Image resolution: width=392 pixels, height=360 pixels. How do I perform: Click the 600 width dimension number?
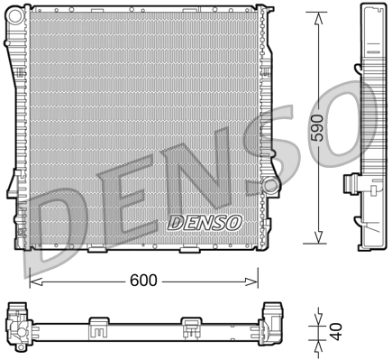click(143, 280)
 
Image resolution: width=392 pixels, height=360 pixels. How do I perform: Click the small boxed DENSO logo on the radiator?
click(205, 222)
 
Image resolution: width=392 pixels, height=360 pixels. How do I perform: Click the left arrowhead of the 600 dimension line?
click(34, 280)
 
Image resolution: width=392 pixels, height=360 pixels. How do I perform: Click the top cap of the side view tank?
click(368, 9)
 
